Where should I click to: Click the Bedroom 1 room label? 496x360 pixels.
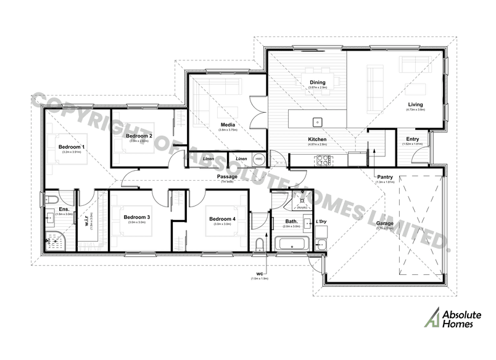click(72, 147)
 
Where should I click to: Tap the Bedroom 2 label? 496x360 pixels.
click(139, 136)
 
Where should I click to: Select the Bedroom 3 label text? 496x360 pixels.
click(137, 217)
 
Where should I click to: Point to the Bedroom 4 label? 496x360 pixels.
click(222, 219)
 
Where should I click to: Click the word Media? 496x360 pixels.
click(228, 125)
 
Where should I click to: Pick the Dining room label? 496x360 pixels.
click(318, 82)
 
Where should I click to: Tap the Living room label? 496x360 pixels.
click(415, 104)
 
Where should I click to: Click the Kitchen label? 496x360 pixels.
click(317, 140)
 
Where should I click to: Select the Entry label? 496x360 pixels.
click(411, 139)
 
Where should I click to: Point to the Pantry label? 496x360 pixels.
click(386, 177)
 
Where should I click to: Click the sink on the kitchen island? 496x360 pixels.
click(318, 121)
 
